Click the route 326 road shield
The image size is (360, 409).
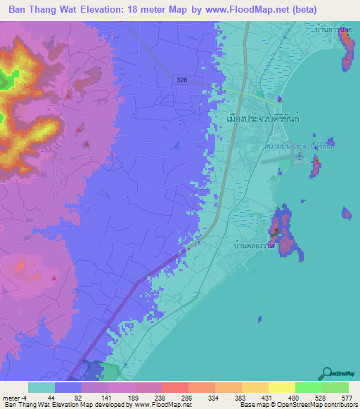[181, 82]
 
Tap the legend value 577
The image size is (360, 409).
[346, 397]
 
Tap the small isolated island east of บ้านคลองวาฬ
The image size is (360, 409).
[346, 213]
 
